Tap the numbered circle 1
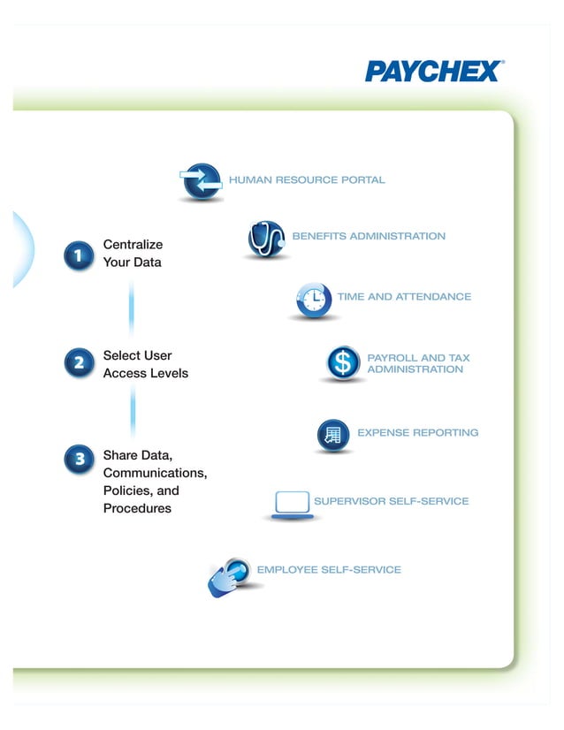[x=79, y=255]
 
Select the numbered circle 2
[x=79, y=362]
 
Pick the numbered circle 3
[x=79, y=459]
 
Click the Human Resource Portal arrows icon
[x=201, y=181]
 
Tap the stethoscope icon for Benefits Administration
[x=266, y=239]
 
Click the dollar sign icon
[x=342, y=362]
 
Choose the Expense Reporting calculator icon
[x=333, y=435]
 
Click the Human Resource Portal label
[x=307, y=180]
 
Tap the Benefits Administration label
[x=369, y=236]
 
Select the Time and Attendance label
[x=404, y=297]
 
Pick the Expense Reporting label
[x=417, y=433]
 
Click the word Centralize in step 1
[x=133, y=244]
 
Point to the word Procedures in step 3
[x=137, y=508]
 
